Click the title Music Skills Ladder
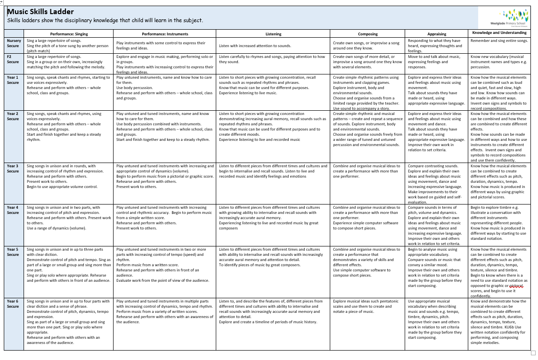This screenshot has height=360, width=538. (41, 12)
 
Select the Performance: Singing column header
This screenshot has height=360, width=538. (69, 34)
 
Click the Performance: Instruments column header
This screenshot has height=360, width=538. (165, 34)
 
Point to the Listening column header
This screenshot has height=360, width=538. (273, 34)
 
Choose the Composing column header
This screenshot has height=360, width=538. (367, 34)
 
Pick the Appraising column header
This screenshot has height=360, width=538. (437, 34)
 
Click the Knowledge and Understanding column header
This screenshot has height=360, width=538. (499, 33)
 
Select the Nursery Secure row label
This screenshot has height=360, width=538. (13, 43)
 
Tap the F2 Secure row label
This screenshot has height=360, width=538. (13, 59)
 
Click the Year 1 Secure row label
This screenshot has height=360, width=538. (13, 80)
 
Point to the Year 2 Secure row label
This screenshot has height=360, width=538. (13, 116)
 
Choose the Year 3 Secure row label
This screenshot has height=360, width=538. (13, 169)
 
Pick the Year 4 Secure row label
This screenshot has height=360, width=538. (13, 210)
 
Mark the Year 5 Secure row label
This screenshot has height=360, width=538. (13, 252)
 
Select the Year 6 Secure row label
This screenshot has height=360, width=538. (13, 304)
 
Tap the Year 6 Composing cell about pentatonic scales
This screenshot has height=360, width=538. (366, 306)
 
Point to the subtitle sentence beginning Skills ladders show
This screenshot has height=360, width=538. (105, 21)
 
